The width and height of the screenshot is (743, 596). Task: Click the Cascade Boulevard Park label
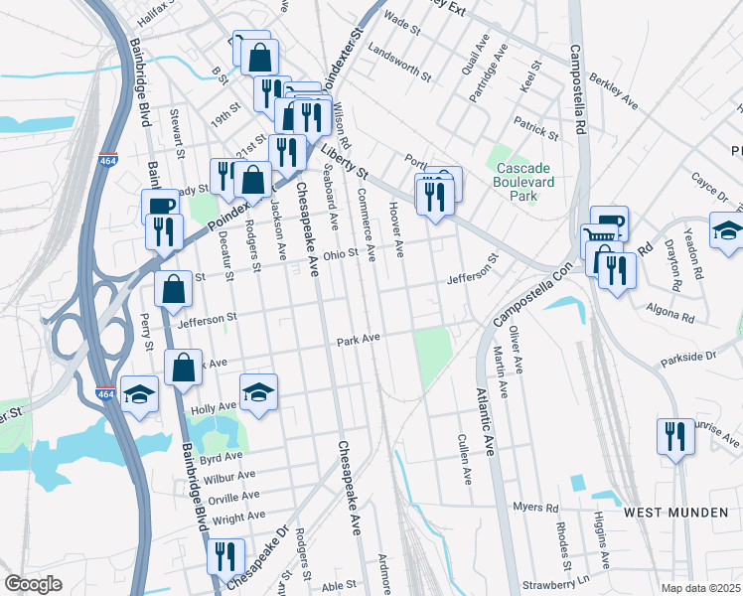tap(531, 183)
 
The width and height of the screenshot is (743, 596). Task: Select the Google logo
tap(33, 584)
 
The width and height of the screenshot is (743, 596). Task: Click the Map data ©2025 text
tap(700, 588)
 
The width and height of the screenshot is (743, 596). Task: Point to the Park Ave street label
tap(359, 340)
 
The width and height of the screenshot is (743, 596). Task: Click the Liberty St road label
tap(344, 161)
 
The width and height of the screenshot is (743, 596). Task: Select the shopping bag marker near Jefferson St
tap(174, 290)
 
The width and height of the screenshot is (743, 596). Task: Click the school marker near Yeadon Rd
tap(727, 230)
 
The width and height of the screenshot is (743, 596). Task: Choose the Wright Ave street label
tap(238, 517)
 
